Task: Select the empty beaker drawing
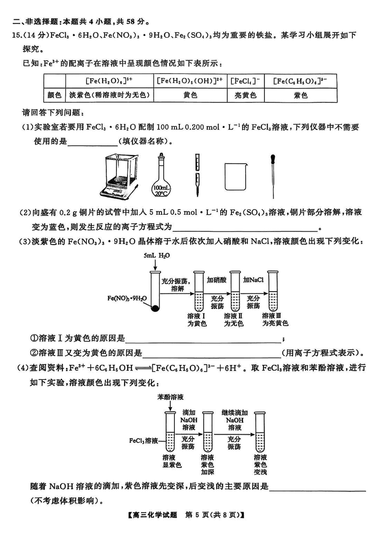[236, 177]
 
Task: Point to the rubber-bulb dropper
[273, 176]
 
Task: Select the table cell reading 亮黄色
[246, 95]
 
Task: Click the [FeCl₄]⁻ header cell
[246, 81]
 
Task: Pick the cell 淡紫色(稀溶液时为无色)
[109, 95]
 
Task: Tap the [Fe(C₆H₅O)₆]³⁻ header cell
[301, 81]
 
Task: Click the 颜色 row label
[54, 95]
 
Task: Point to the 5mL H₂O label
[157, 256]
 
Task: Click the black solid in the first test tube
[155, 308]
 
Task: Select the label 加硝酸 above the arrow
[217, 280]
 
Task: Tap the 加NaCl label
[253, 280]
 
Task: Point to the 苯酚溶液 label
[170, 397]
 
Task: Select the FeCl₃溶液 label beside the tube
[144, 440]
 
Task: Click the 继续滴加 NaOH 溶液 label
[235, 420]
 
